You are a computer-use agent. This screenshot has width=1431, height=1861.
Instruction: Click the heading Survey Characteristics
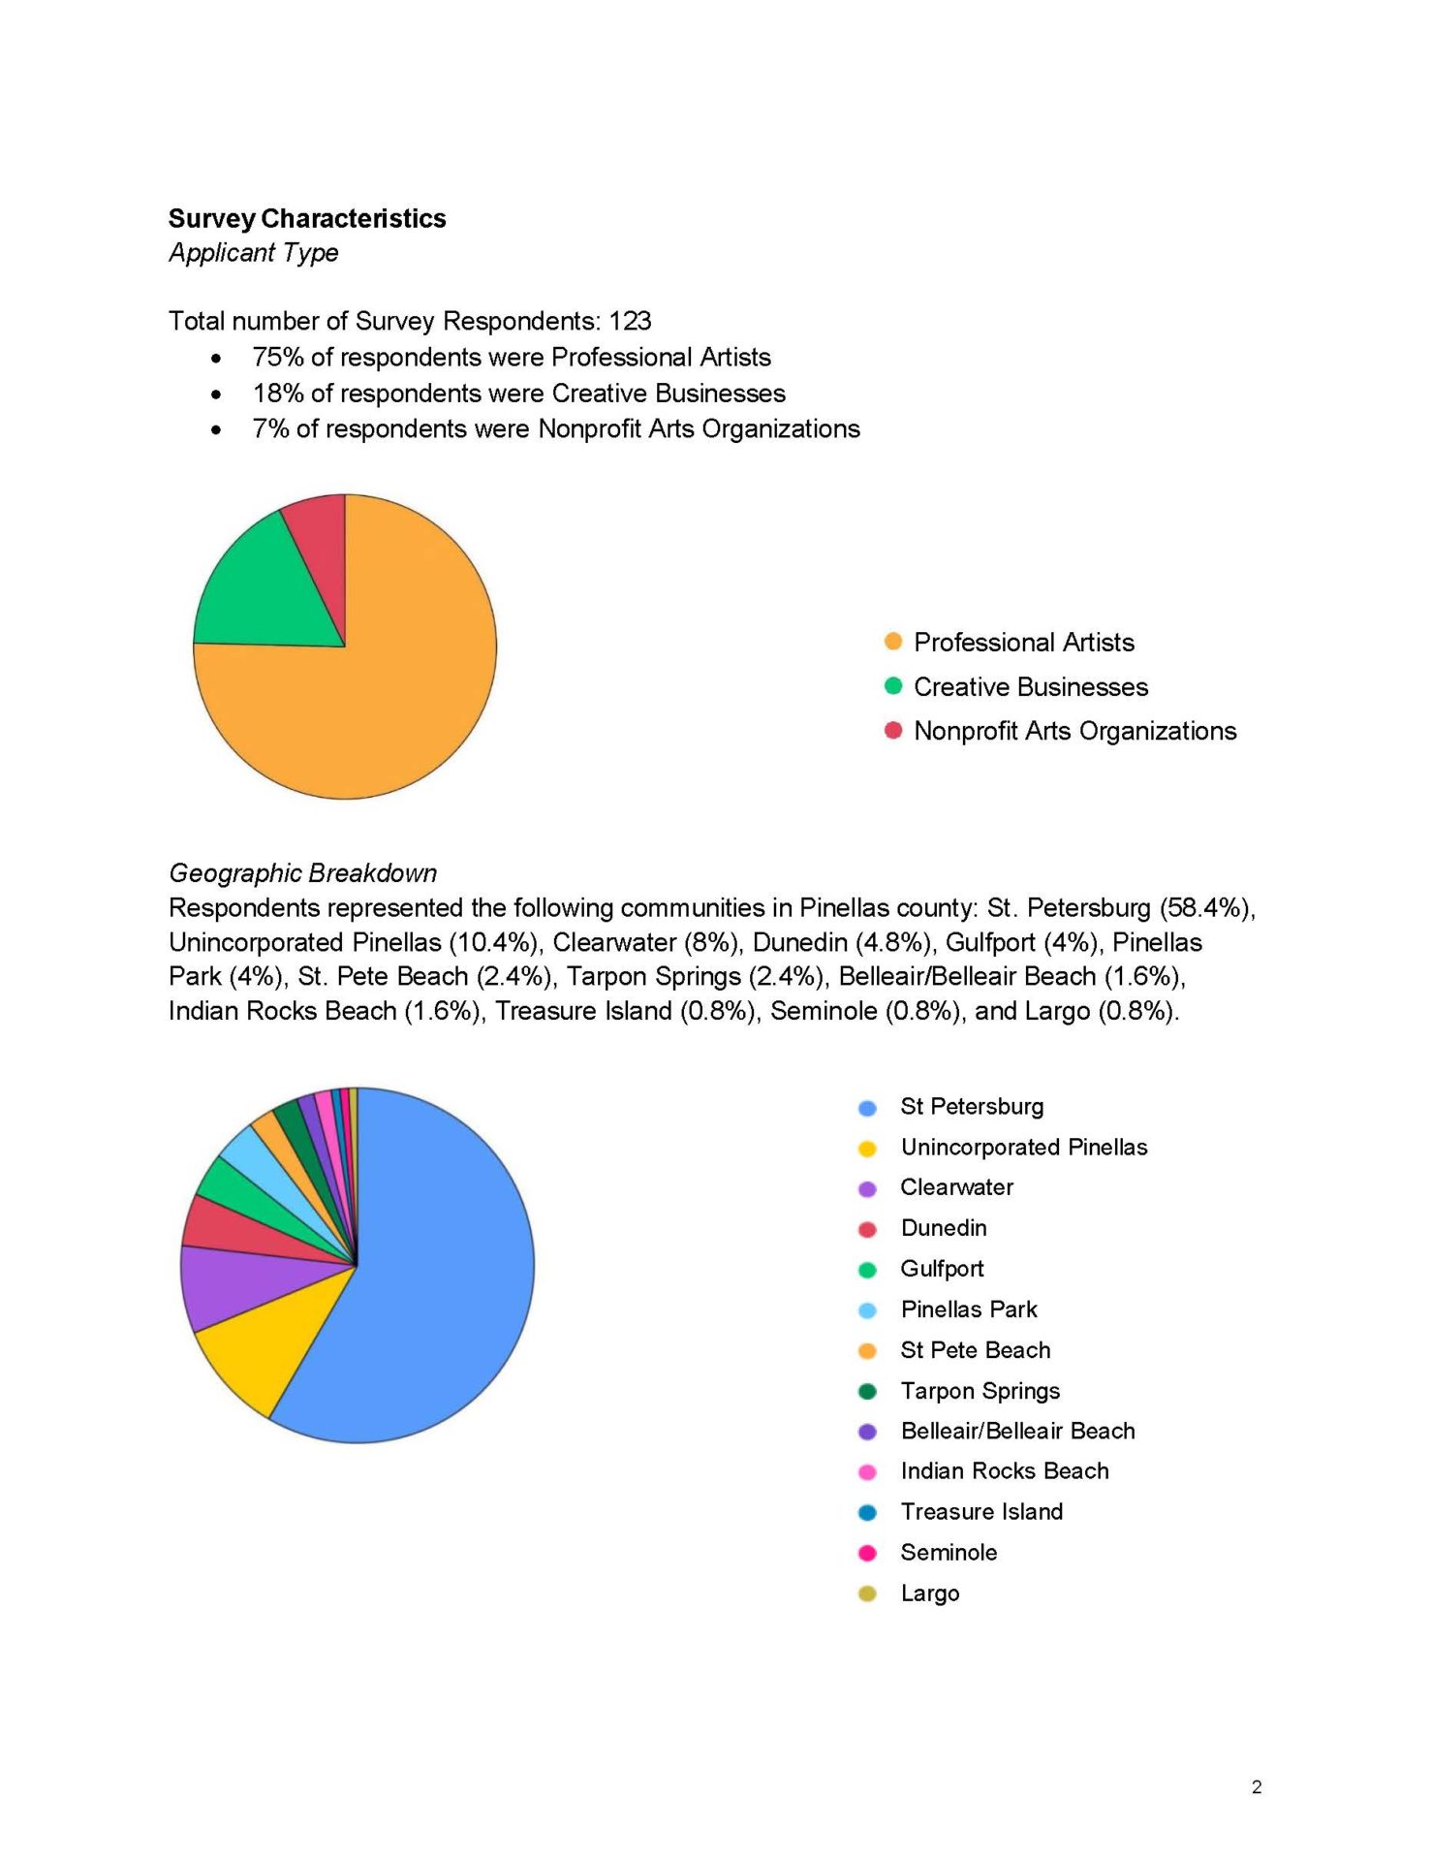coord(307,219)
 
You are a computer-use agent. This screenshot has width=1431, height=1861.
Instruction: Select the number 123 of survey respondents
coord(630,321)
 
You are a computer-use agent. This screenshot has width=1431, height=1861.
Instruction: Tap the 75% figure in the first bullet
coord(277,358)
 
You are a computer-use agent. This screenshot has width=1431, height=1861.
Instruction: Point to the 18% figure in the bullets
coord(277,394)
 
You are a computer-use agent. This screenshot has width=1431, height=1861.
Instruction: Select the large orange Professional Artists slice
coord(388,688)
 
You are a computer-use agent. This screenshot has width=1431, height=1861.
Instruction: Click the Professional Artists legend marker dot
coord(893,642)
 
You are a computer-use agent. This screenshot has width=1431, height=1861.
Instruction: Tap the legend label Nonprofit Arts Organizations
coord(1074,731)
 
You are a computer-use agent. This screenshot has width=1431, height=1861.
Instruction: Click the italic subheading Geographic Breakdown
coord(302,873)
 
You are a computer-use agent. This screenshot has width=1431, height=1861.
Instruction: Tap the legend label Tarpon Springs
coord(980,1391)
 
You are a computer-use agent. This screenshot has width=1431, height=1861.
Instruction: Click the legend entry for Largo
coord(929,1593)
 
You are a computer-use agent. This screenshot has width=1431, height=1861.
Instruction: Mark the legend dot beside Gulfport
coord(867,1270)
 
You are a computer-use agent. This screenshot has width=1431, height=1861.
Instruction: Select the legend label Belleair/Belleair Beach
coord(1017,1432)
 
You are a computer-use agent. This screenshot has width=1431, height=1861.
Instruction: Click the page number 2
coord(1257,1787)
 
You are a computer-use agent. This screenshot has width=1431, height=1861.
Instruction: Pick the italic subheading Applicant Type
coord(254,253)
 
